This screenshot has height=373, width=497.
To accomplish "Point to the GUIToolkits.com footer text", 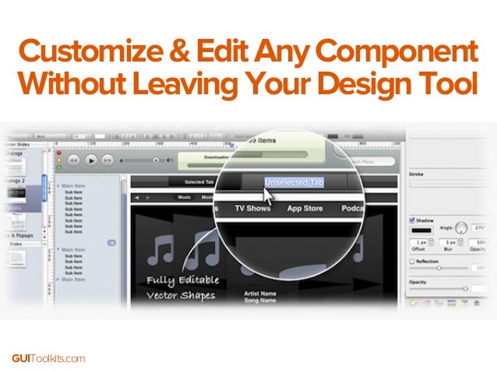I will click(48, 358).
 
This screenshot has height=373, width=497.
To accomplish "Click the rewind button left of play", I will click(73, 160).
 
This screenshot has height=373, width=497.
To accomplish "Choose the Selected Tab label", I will click(199, 182).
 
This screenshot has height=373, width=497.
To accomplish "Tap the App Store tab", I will click(305, 209).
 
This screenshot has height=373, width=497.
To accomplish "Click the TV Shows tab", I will click(252, 209).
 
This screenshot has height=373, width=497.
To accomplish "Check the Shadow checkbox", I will click(413, 220).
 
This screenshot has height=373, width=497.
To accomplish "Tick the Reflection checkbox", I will click(413, 262).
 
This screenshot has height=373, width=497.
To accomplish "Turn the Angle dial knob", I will click(461, 228).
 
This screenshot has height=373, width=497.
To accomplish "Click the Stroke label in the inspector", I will click(417, 175).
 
